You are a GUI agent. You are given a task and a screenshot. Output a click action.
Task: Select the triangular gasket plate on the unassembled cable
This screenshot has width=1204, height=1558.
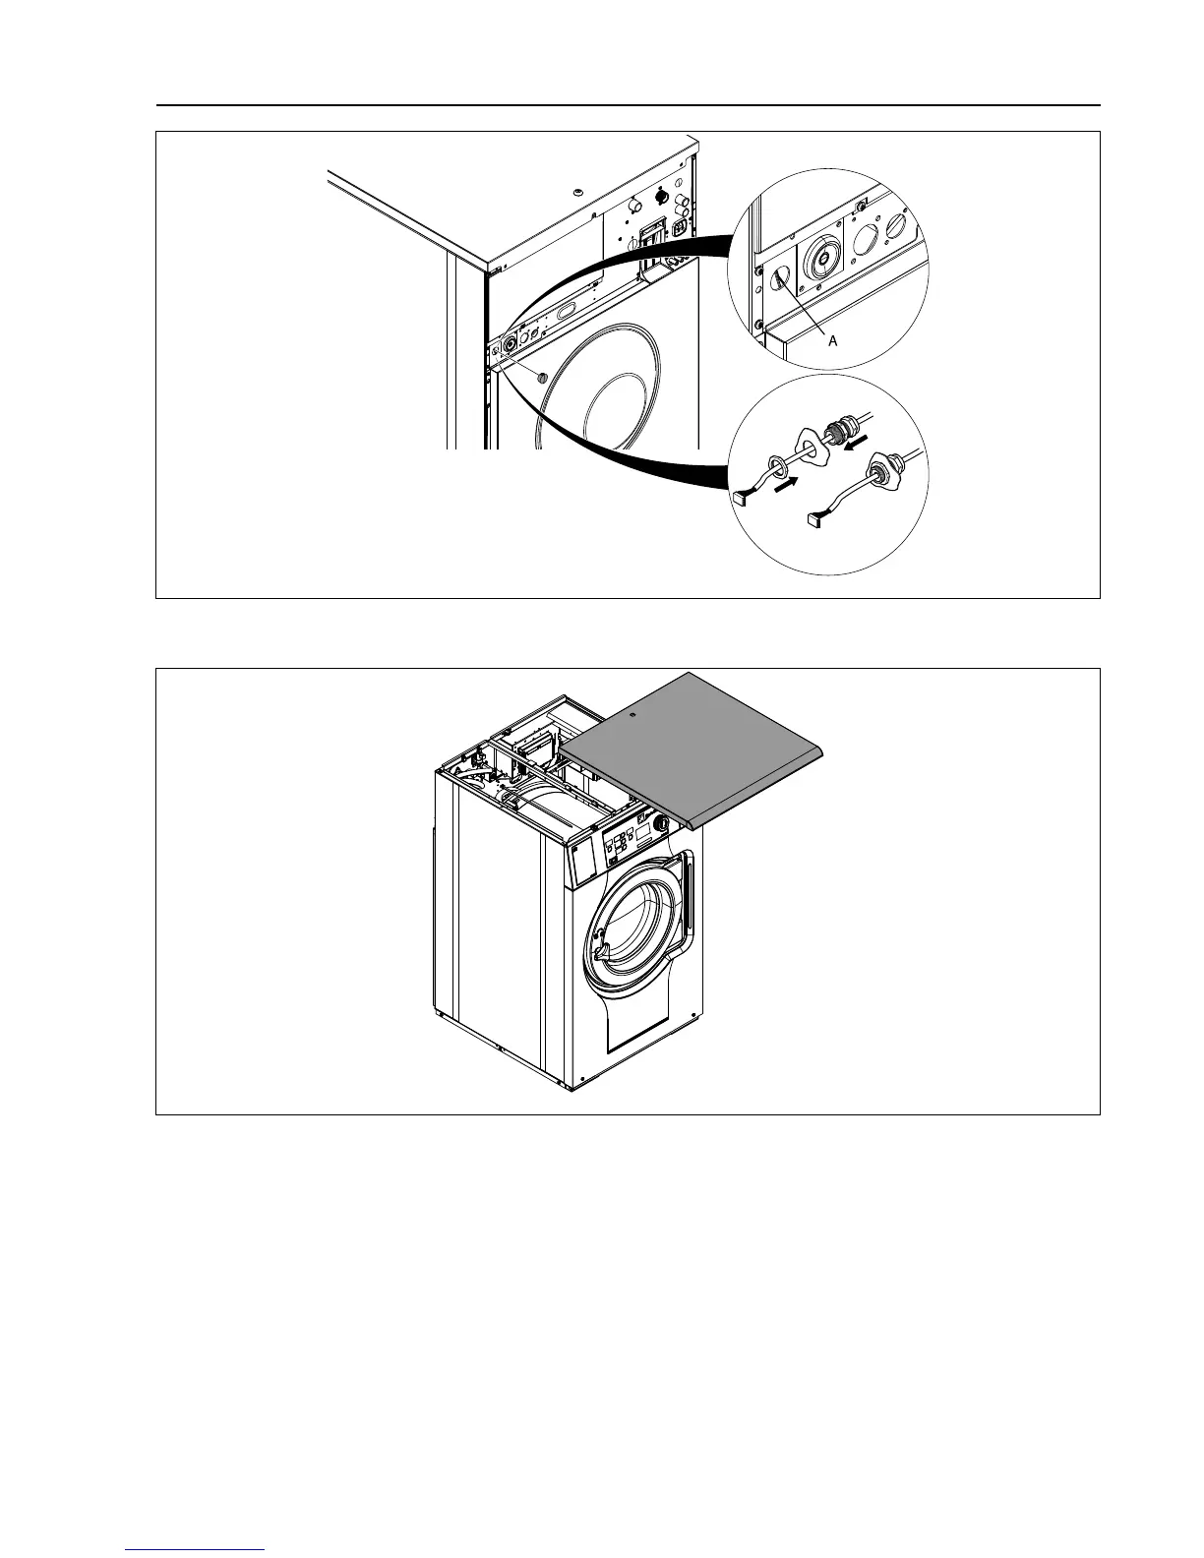(813, 449)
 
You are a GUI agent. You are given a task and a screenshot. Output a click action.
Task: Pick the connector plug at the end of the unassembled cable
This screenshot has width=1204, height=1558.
(741, 500)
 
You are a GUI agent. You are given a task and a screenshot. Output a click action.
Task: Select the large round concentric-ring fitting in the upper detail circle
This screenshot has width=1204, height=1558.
(822, 260)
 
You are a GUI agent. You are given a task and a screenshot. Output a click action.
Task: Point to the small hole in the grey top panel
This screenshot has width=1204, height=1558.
(632, 715)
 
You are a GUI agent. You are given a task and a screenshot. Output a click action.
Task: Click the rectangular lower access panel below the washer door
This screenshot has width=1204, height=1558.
(637, 1025)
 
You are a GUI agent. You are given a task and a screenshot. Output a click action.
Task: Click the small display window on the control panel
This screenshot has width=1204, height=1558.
(642, 832)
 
